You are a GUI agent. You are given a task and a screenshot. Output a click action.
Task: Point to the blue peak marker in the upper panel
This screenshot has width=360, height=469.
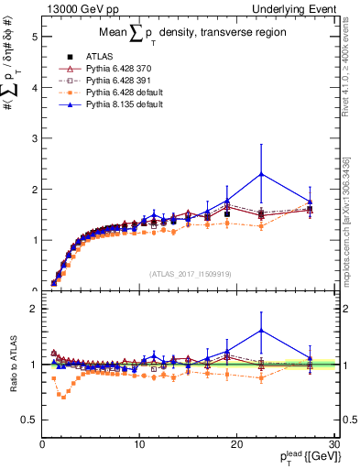pyautogui.click(x=262, y=174)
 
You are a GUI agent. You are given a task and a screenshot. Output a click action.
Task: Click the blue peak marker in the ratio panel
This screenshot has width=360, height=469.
pyautogui.click(x=262, y=331)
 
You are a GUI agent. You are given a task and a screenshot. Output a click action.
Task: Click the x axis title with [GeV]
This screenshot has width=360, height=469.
pyautogui.click(x=307, y=458)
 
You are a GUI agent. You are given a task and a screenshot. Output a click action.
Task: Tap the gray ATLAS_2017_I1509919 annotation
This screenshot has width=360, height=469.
pyautogui.click(x=189, y=273)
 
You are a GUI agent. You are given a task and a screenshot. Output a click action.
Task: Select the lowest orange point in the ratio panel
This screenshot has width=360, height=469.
pyautogui.click(x=62, y=397)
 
